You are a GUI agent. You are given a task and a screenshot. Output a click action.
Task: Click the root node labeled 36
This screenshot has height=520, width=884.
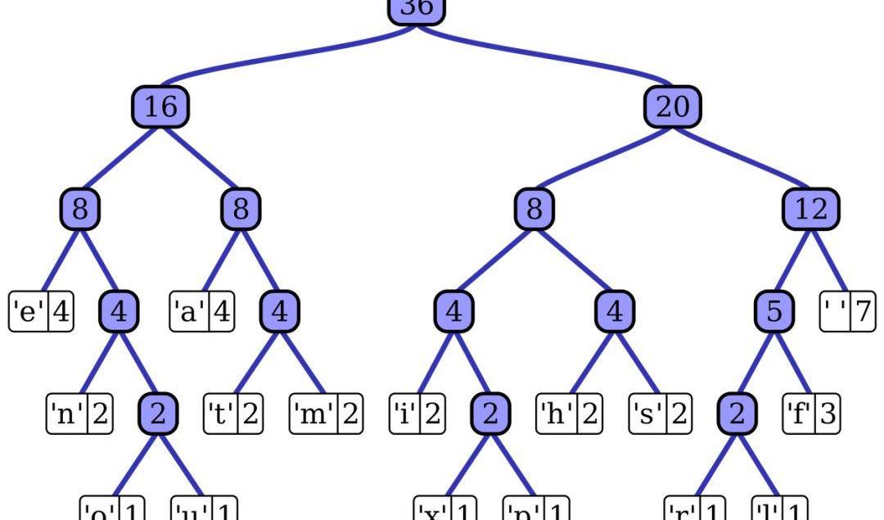415,10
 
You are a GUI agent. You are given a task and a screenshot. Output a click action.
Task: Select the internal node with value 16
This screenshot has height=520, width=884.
160,106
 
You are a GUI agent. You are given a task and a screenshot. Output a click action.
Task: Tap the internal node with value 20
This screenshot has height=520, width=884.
673,106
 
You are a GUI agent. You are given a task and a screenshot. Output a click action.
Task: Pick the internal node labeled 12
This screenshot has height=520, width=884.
811,210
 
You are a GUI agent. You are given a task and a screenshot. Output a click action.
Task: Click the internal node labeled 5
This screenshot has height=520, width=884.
773,312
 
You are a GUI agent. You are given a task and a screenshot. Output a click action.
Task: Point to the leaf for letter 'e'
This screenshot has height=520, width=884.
41,312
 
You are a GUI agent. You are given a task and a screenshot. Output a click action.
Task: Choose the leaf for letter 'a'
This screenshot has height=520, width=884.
201,312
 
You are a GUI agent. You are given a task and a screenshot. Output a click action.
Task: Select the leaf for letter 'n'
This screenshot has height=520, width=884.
79,414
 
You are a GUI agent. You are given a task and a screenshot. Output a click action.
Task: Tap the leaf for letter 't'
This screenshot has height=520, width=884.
232,414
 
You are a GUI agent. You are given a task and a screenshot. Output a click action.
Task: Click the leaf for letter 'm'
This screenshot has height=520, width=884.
325,414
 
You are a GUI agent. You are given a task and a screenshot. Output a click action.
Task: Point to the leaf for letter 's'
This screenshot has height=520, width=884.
659,414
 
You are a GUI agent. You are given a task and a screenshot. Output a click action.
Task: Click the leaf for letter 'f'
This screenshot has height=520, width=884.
811,414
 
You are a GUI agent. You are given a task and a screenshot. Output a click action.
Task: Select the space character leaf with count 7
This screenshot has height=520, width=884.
847,312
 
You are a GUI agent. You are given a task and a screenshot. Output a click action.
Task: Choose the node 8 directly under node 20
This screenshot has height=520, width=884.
534,210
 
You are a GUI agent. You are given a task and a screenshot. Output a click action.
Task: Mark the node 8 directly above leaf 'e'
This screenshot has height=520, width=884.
79,210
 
